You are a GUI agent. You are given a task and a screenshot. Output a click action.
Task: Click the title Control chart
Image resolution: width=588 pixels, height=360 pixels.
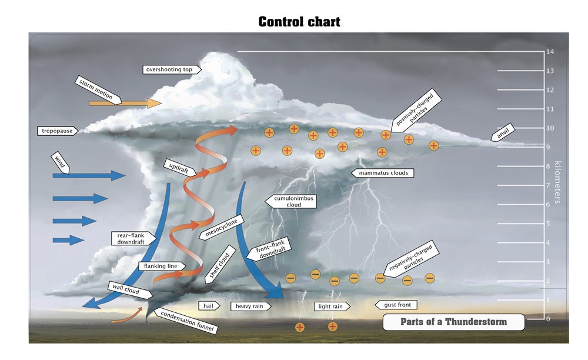299,22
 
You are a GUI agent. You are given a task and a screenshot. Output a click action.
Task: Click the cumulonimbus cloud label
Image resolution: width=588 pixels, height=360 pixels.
292,202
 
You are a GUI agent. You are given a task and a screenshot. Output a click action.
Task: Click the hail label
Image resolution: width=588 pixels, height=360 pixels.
209,306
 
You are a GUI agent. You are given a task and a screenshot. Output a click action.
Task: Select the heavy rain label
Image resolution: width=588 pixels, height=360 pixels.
250,306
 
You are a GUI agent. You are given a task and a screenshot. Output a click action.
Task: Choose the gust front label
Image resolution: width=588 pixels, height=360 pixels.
397,305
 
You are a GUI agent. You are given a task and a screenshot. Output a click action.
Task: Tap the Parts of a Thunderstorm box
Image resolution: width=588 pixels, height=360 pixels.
453,322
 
